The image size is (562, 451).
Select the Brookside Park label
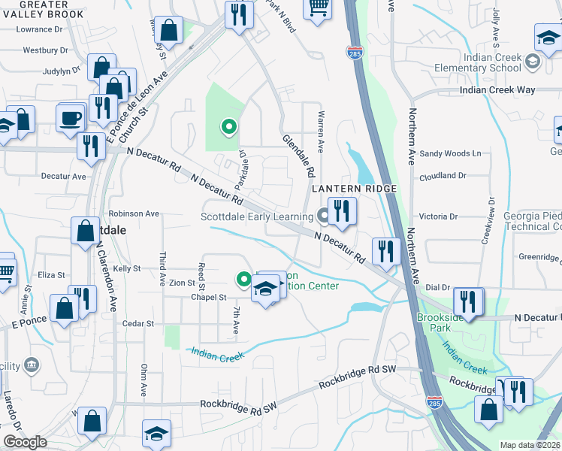click(x=441, y=322)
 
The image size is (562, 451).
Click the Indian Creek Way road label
click(x=498, y=90)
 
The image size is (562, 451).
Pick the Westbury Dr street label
click(x=46, y=51)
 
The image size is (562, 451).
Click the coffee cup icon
click(x=72, y=118)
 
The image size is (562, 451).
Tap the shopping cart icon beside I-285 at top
click(x=319, y=7)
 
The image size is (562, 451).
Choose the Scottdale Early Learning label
click(x=255, y=217)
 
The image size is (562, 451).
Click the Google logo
click(x=25, y=442)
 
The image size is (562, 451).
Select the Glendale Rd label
click(x=298, y=156)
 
